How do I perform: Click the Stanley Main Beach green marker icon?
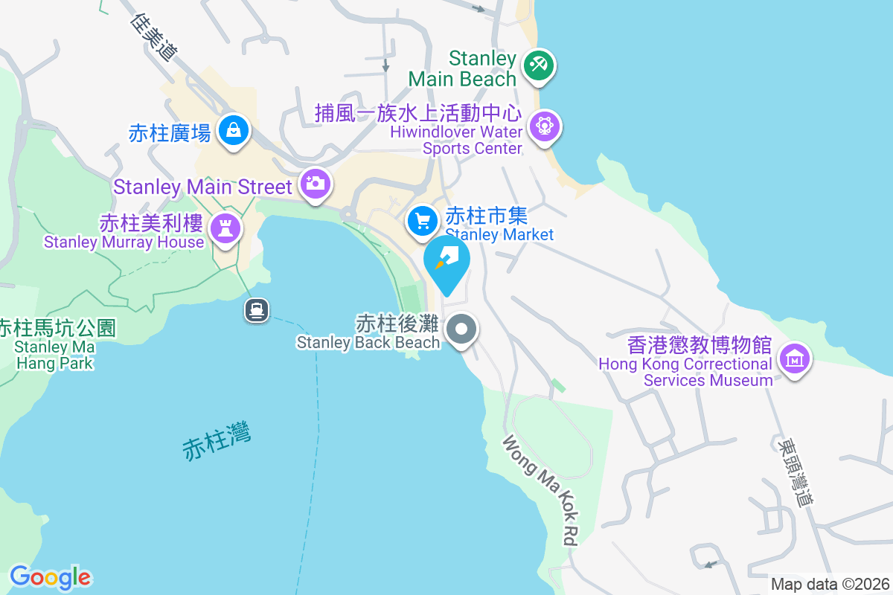coord(537,65)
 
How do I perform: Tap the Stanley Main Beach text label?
coord(462,68)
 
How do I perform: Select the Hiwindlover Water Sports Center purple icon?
coord(545,126)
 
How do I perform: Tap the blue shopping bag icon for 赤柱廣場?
coord(234,131)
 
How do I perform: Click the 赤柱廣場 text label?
coord(170,132)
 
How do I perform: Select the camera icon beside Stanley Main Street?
coord(315,182)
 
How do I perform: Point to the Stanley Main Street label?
coord(202,186)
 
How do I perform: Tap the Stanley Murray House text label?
coord(124,242)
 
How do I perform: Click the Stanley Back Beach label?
coord(368,342)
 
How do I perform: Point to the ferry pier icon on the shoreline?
coord(257,309)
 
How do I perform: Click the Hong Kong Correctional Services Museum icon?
coord(794,358)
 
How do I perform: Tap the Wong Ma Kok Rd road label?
coord(541,491)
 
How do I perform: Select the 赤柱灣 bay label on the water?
coord(217,440)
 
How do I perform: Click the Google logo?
coord(50,577)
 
